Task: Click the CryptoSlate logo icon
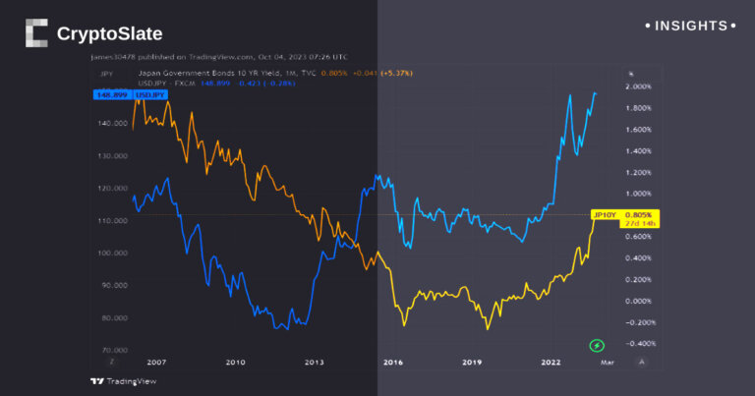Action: (36, 33)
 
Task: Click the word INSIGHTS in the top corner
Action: (693, 26)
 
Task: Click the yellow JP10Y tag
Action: (604, 214)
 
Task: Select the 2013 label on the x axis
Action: (314, 362)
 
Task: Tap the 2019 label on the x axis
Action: (472, 362)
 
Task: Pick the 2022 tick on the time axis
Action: (552, 362)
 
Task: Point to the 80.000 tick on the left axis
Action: (117, 317)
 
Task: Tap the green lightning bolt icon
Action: (597, 345)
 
